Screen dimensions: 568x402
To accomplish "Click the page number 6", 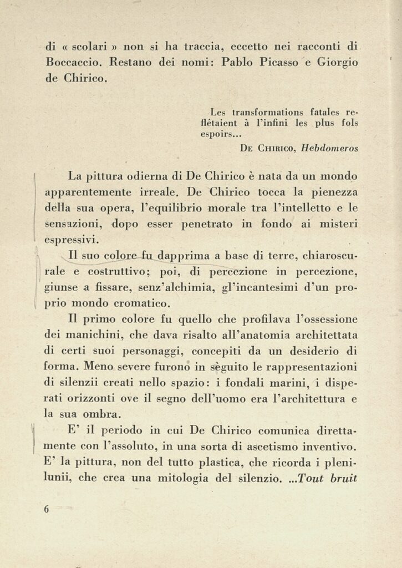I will pyautogui.click(x=47, y=509).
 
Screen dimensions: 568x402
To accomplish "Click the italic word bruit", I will pyautogui.click(x=343, y=478).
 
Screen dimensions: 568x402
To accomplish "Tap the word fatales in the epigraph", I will pyautogui.click(x=321, y=112).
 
